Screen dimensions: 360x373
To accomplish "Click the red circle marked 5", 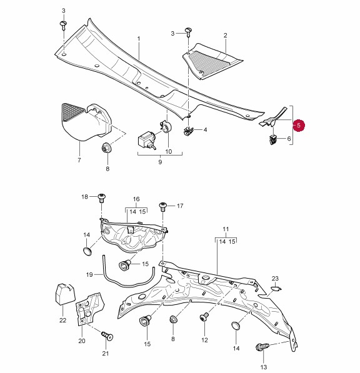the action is pyautogui.click(x=299, y=126).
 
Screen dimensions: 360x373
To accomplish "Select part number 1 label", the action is pyautogui.click(x=139, y=39).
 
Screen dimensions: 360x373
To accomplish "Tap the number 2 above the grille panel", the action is pyautogui.click(x=226, y=35).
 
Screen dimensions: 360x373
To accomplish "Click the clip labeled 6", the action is pyautogui.click(x=273, y=139).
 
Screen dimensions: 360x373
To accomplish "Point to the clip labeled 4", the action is pyautogui.click(x=189, y=131).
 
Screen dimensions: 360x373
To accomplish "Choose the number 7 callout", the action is pyautogui.click(x=79, y=160).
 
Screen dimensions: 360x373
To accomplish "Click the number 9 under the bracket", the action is pyautogui.click(x=160, y=162).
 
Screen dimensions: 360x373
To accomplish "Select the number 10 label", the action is pyautogui.click(x=169, y=151).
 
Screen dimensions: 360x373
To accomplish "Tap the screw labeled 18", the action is pyautogui.click(x=102, y=198).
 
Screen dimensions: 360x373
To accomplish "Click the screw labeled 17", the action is pyautogui.click(x=163, y=206).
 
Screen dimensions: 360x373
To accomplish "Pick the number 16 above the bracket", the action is pyautogui.click(x=136, y=199).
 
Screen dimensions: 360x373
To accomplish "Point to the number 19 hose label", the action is pyautogui.click(x=89, y=274).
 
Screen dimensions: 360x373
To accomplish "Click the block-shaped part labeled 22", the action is pyautogui.click(x=65, y=294).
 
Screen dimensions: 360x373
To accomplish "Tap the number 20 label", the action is pyautogui.click(x=82, y=341).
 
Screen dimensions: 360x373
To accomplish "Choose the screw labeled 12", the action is pyautogui.click(x=204, y=317).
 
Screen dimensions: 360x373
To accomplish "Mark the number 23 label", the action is pyautogui.click(x=275, y=278).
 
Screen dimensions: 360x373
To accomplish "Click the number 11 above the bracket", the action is pyautogui.click(x=226, y=229).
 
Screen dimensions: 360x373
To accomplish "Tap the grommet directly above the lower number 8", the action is pyautogui.click(x=173, y=319).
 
